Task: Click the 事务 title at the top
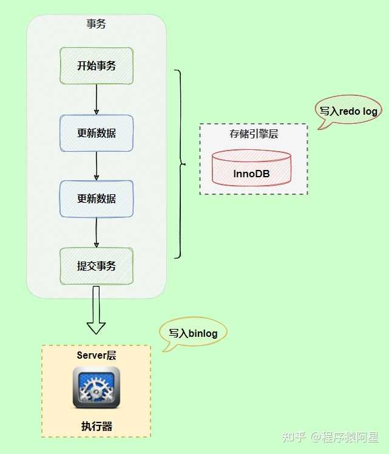pos(96,25)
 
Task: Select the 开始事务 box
pos(96,66)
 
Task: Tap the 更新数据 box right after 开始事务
pos(96,133)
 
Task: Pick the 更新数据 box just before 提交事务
pos(96,198)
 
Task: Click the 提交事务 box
pos(96,266)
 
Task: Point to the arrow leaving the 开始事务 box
pos(96,100)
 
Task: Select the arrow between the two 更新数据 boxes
pos(96,166)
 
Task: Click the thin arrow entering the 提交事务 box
pos(96,232)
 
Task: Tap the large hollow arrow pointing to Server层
pos(96,313)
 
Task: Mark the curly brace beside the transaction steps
pos(180,164)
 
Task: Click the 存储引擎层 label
pos(254,134)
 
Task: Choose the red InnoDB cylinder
pos(251,169)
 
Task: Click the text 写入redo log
pos(348,111)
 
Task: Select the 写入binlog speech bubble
pos(193,333)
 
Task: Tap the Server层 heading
pos(96,356)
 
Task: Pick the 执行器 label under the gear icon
pos(96,426)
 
